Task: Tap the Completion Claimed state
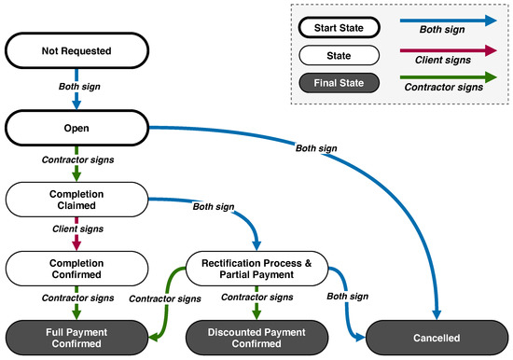tap(76, 199)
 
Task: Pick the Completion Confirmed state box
tap(76, 266)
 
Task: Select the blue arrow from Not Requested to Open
tap(77, 98)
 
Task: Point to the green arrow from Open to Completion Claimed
tap(77, 170)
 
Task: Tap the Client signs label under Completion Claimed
tap(77, 228)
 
